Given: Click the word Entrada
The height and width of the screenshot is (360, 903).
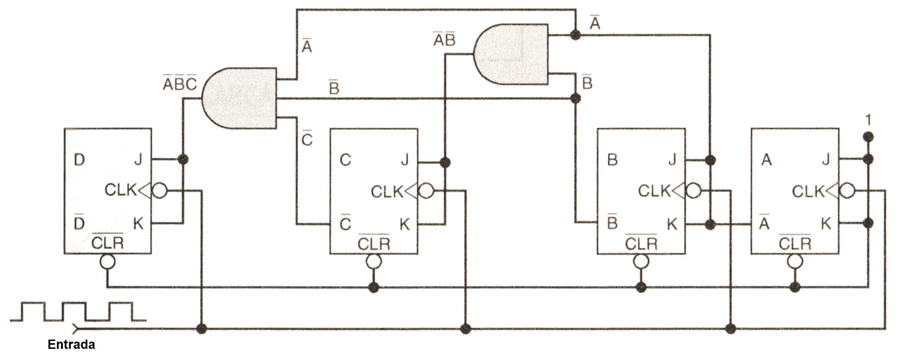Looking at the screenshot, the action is point(71,345).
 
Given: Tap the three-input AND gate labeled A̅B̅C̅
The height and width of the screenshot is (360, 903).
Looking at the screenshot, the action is point(239,98).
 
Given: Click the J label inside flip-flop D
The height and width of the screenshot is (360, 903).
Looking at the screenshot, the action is point(138,160).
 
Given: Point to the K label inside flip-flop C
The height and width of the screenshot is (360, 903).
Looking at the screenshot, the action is point(405,224).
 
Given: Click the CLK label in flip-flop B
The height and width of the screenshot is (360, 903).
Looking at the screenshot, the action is point(654,191).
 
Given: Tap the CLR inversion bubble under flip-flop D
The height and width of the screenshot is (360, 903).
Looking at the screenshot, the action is point(108,262).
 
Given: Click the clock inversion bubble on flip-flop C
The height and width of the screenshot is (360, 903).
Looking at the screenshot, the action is point(426,191).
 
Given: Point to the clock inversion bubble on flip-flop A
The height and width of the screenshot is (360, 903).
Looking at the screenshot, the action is point(847,191).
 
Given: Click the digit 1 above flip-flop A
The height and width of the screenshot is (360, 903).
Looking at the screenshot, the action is point(868,120).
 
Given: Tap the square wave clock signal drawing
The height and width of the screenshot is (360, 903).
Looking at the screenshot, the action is point(78,311).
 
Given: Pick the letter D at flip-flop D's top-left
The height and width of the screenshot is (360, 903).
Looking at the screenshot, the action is point(79,160).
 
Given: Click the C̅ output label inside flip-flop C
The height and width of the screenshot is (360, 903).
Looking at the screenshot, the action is point(346,223).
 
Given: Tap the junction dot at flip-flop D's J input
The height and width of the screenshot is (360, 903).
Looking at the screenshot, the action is point(183,159).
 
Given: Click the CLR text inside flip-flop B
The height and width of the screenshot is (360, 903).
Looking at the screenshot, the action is point(641,243).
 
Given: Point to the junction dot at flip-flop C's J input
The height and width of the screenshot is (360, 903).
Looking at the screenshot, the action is point(445,163).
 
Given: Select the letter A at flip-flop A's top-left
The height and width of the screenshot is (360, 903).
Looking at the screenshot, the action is point(767,160).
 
